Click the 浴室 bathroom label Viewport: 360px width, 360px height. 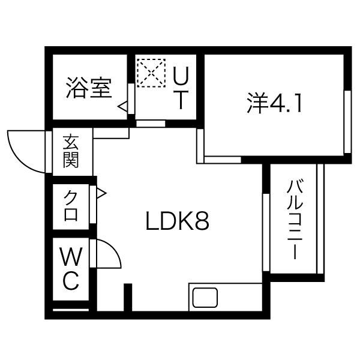coord(89,88)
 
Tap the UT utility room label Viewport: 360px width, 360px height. coord(181,88)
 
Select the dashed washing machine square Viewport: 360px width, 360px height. coord(151,73)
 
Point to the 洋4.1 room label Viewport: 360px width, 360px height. coord(274,103)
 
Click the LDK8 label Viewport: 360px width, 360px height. coord(177,221)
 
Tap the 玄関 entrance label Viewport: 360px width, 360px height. coord(71,152)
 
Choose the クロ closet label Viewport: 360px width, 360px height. coord(71,206)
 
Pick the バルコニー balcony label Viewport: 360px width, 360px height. coord(295,220)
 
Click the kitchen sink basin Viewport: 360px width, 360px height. coord(205,298)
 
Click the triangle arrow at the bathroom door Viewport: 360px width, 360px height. coord(122,107)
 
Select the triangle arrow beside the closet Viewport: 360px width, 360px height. coord(101,194)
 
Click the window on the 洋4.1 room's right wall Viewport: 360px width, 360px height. coord(347,122)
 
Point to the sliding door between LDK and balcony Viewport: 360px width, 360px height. coord(266,232)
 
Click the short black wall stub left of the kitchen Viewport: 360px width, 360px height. coord(128,297)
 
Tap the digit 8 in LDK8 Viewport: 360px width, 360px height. coord(202,221)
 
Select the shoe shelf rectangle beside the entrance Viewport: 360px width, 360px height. coord(111,133)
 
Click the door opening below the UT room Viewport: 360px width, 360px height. coord(151,124)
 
